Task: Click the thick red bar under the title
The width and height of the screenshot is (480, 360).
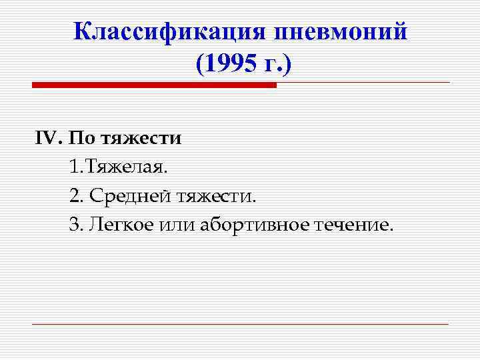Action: pyautogui.click(x=153, y=85)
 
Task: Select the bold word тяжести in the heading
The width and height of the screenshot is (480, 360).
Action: pyautogui.click(x=142, y=138)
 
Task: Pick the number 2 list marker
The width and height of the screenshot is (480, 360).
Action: pyautogui.click(x=74, y=196)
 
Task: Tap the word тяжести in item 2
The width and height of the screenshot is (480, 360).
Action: pyautogui.click(x=215, y=196)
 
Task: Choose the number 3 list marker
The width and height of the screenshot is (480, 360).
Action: pyautogui.click(x=74, y=225)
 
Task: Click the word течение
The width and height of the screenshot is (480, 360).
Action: pyautogui.click(x=353, y=225)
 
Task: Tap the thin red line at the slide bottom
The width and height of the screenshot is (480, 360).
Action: pyautogui.click(x=240, y=324)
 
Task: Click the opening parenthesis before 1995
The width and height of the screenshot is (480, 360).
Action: pyautogui.click(x=200, y=65)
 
